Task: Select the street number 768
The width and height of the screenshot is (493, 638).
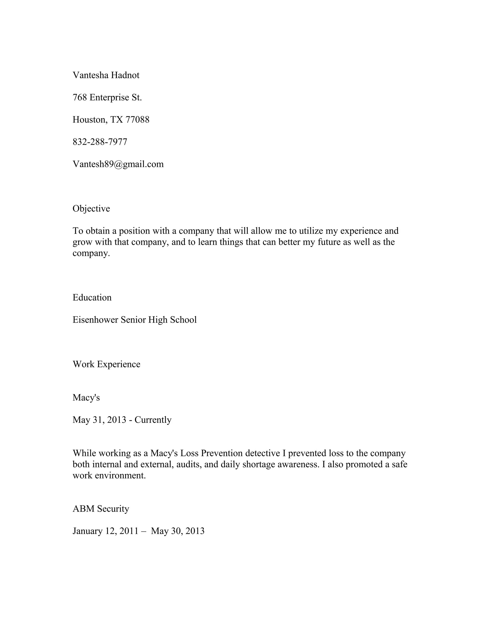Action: tap(80, 98)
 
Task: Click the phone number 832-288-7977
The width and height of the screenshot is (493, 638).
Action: tap(100, 142)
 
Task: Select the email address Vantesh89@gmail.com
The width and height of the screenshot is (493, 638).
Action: tap(118, 164)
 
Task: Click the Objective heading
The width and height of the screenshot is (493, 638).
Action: tap(91, 208)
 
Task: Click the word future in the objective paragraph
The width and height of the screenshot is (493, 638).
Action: tap(329, 242)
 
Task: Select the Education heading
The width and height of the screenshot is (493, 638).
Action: tap(92, 298)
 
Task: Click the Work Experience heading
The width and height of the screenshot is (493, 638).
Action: tap(106, 364)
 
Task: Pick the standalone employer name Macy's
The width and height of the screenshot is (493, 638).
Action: tap(86, 397)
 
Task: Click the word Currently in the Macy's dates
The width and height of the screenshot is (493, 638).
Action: tap(153, 420)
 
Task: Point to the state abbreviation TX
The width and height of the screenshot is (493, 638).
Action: tap(117, 120)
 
